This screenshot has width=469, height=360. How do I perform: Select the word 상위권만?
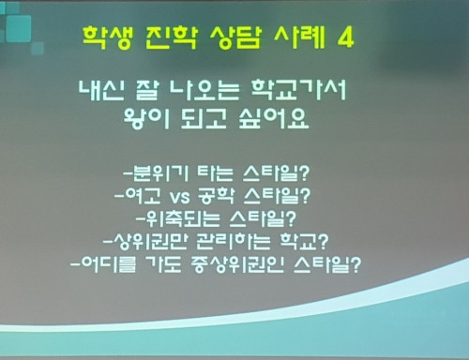pos(154,242)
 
